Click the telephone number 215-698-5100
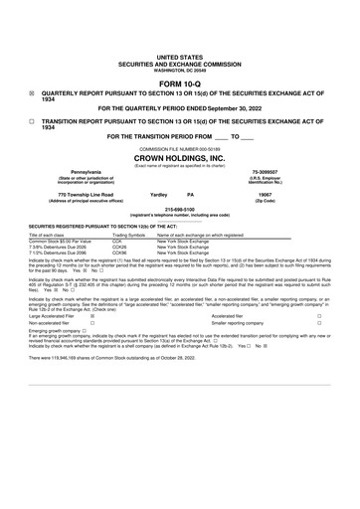coord(180,209)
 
